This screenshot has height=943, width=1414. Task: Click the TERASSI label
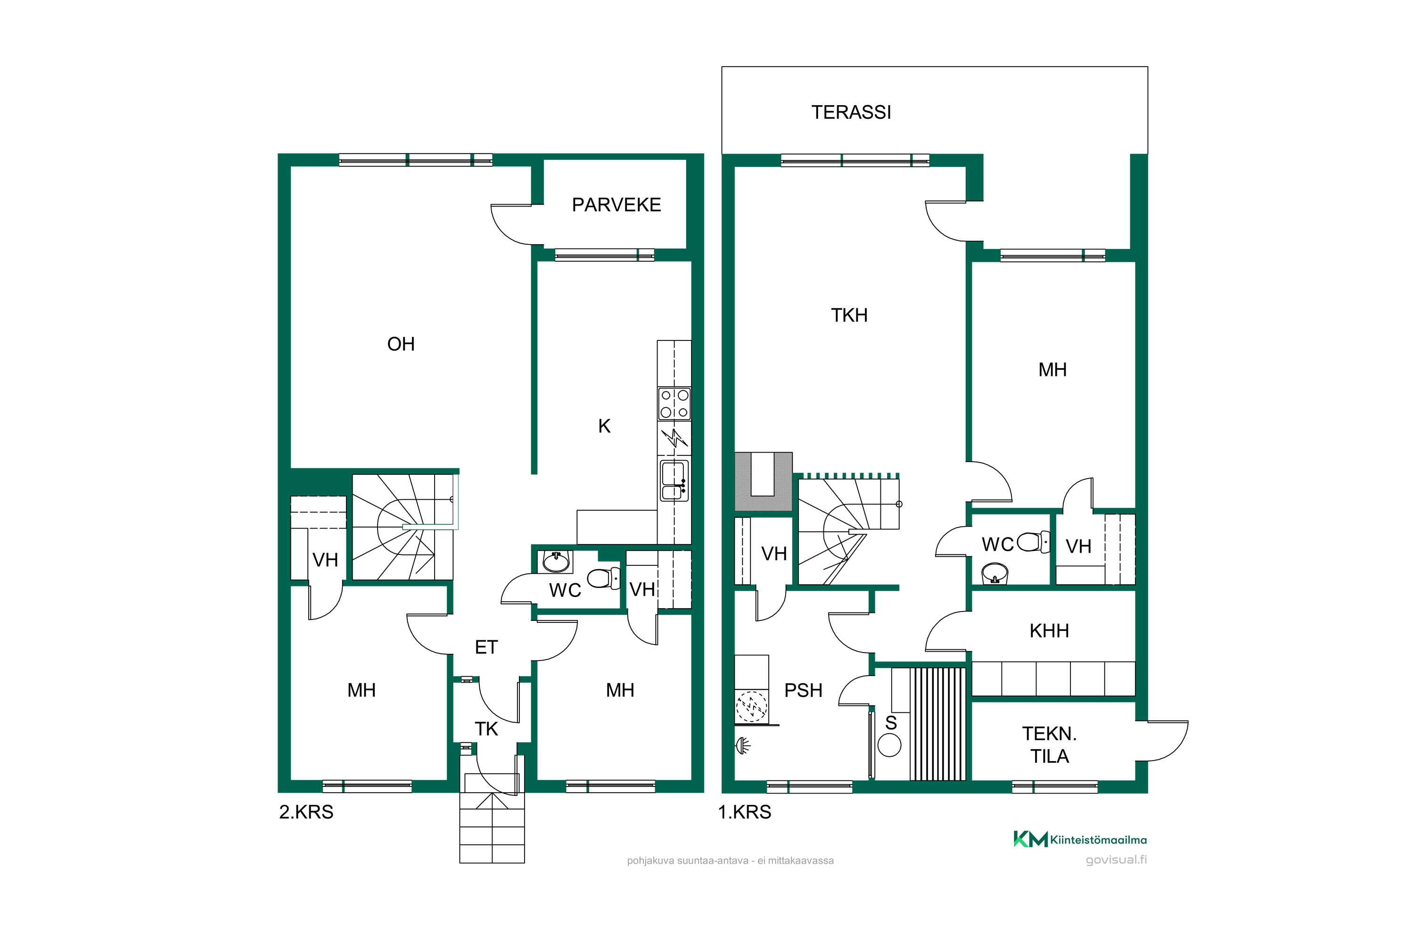click(x=851, y=113)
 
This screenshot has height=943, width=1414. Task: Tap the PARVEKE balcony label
click(x=616, y=205)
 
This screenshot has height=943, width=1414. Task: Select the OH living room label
click(x=401, y=344)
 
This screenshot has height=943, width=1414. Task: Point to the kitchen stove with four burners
click(x=674, y=404)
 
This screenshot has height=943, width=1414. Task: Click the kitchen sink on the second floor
click(x=674, y=480)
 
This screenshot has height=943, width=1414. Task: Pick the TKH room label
click(x=849, y=315)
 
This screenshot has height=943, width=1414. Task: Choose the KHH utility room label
click(x=1049, y=631)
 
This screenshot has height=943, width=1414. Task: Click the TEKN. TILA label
click(x=1050, y=745)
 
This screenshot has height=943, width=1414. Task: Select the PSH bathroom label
click(x=803, y=690)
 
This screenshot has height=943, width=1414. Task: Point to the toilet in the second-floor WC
click(x=604, y=579)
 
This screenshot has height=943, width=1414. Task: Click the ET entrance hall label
click(x=486, y=647)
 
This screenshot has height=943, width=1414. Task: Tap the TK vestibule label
click(x=486, y=729)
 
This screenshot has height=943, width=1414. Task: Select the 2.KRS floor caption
click(x=306, y=812)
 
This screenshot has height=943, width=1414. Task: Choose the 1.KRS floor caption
click(x=744, y=812)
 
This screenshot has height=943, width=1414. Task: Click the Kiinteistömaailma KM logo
click(x=1080, y=839)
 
